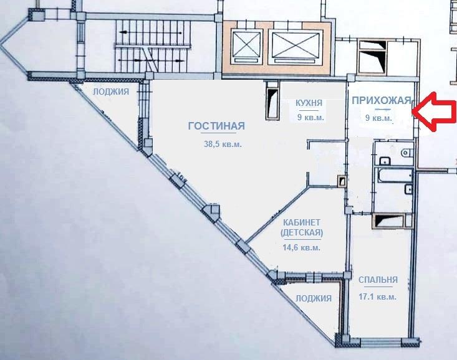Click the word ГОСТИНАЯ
(x=216, y=126)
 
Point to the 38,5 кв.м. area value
(x=223, y=144)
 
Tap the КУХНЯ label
(x=309, y=103)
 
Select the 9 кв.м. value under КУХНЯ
(x=310, y=117)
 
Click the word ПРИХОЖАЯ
(x=382, y=100)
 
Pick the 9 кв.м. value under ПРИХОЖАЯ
(x=379, y=118)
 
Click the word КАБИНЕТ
(x=302, y=222)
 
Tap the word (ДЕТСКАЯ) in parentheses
(x=302, y=233)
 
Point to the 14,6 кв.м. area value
(x=301, y=247)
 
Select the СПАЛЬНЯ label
(x=378, y=280)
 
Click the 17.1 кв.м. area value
(x=377, y=297)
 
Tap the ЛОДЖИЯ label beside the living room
(x=111, y=92)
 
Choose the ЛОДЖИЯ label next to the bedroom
(x=314, y=298)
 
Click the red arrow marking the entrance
(x=435, y=111)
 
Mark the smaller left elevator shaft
(x=246, y=47)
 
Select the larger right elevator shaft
(x=296, y=47)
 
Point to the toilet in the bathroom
(x=406, y=153)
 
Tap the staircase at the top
(x=152, y=46)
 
